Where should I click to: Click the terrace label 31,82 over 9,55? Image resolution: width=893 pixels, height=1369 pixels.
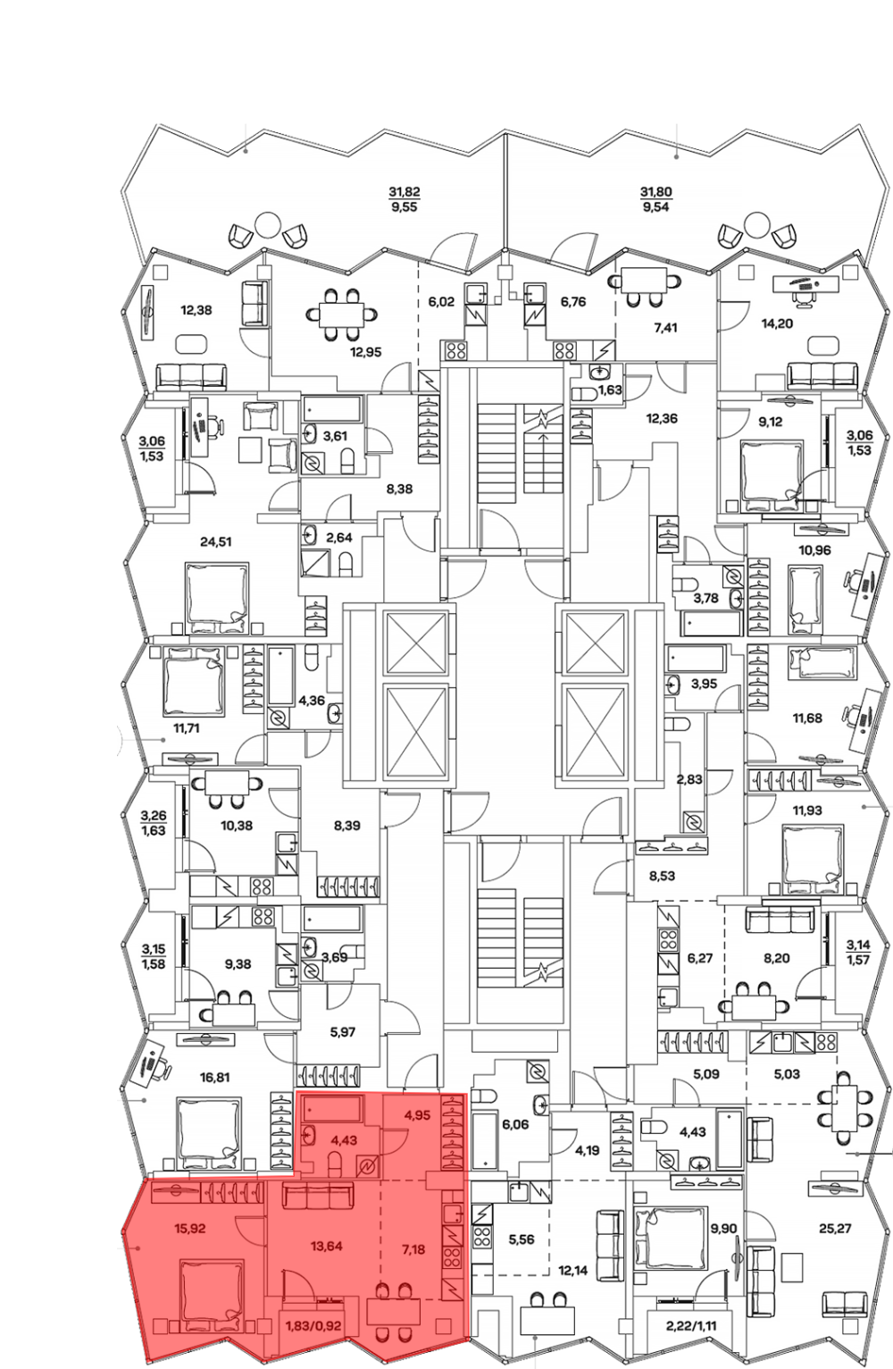(x=405, y=200)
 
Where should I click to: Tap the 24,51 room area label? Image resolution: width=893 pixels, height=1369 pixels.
(x=215, y=542)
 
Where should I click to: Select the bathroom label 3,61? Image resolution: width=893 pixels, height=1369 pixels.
(x=334, y=436)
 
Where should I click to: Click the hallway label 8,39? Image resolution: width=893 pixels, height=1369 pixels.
(x=346, y=826)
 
